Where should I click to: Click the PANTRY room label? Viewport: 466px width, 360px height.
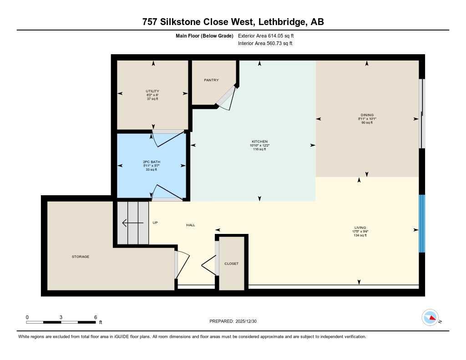(211, 80)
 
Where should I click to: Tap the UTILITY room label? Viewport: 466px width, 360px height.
(152, 91)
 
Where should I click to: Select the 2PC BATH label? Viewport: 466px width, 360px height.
(152, 162)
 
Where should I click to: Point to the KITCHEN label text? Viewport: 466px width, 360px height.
(259, 142)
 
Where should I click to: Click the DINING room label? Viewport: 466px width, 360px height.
(366, 115)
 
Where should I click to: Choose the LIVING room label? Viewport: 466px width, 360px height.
(360, 228)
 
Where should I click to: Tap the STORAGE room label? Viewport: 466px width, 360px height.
(81, 257)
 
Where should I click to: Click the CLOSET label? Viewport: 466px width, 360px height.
(231, 264)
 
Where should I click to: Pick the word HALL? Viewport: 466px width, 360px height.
(191, 225)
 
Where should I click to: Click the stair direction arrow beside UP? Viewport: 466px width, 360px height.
(131, 223)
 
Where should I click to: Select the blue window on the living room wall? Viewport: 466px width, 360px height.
(422, 223)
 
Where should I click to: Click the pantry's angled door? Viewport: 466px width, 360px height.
(226, 97)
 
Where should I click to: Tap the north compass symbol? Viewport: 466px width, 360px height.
(431, 318)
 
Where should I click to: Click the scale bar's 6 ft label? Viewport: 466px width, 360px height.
(95, 317)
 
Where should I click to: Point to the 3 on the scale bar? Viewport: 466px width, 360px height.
(61, 317)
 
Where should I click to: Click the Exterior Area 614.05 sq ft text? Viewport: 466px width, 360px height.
(269, 35)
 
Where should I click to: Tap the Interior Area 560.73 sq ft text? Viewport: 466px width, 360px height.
(265, 44)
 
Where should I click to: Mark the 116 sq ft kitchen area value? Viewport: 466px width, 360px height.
(259, 149)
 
